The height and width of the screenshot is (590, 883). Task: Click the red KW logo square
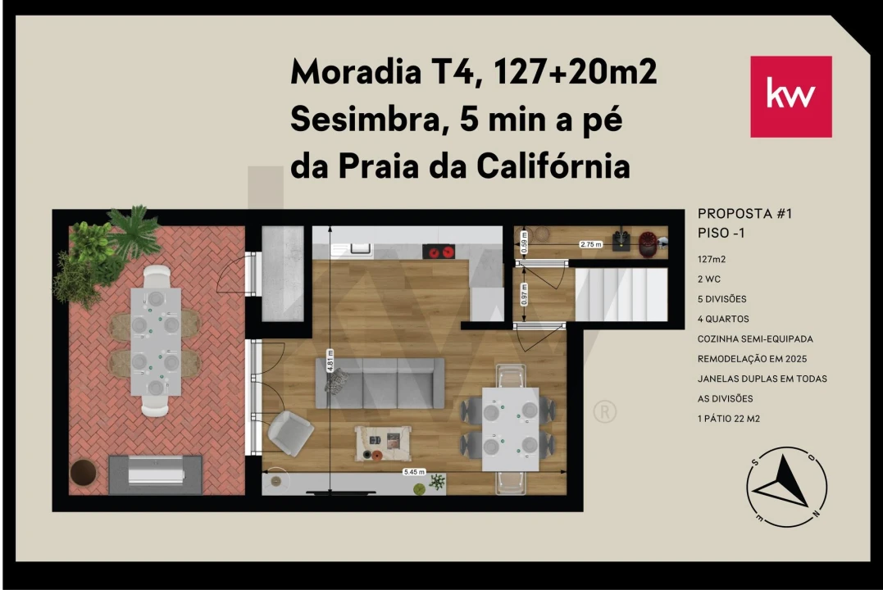point(790,97)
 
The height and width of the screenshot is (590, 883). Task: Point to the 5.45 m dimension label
point(415,472)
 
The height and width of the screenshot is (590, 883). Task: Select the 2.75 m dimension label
point(590,244)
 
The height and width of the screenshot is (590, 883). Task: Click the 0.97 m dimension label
point(525,295)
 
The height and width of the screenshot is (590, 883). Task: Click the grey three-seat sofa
point(380,383)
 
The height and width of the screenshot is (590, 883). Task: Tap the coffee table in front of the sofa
point(381,442)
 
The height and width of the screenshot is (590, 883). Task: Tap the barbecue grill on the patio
point(156,474)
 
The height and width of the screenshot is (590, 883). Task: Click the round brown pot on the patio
point(82,473)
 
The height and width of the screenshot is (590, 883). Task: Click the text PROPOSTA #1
point(744,214)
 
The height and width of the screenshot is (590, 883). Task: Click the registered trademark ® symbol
point(603,411)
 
